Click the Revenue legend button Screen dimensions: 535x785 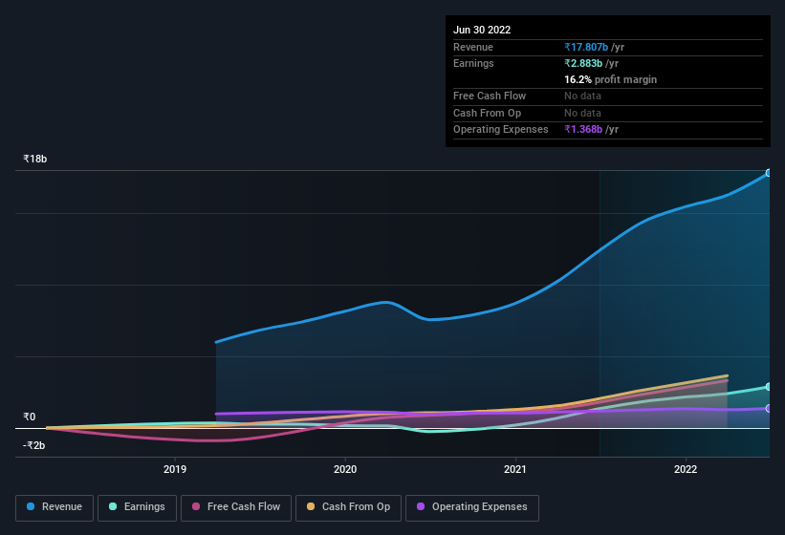55,507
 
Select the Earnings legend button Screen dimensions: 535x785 138,507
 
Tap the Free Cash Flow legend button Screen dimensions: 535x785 236,507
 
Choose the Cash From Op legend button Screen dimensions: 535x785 348,507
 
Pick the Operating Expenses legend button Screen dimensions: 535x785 471,507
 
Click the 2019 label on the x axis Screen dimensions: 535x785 175,469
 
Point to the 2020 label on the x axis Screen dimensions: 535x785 345,469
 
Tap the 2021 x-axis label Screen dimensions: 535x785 515,469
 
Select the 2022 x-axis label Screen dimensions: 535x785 686,469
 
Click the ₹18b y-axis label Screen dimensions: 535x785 35,159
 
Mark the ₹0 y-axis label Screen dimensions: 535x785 30,417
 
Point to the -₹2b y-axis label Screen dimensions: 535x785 34,445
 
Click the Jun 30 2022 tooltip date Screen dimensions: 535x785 482,30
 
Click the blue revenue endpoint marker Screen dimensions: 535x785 768,173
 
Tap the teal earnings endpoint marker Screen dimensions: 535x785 768,386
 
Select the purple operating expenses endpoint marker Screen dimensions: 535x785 768,408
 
